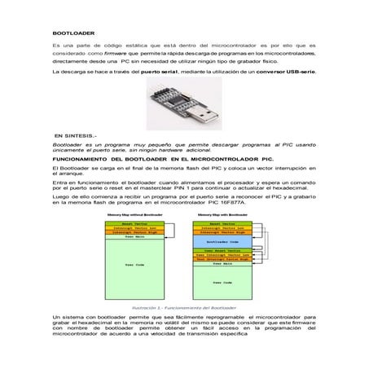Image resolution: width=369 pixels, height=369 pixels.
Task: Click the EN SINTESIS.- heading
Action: click(75, 134)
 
